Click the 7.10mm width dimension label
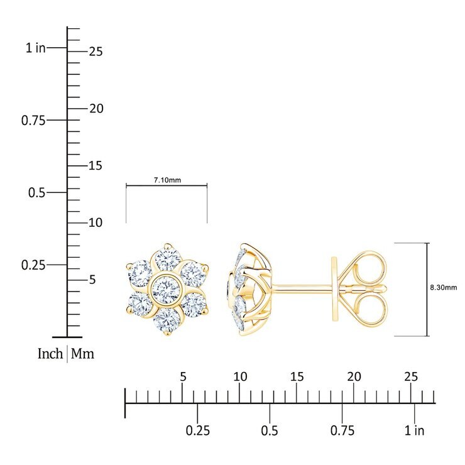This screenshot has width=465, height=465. coord(167,180)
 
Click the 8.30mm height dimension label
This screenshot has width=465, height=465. coord(444,287)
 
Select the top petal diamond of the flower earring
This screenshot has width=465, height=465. coord(168,260)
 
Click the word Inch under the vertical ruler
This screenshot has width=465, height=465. coord(50,354)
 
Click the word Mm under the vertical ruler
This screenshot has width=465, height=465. coord(82,354)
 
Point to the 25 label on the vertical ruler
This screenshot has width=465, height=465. coord(96,52)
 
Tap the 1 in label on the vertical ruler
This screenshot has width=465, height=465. coord(35,48)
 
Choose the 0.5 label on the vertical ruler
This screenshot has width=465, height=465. coord(37,193)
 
